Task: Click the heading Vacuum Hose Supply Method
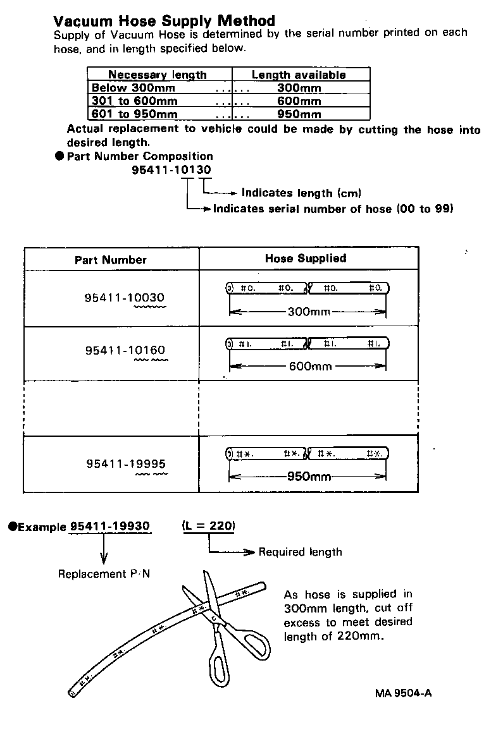pos(165,21)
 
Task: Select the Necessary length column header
pos(158,75)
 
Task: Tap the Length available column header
pos(299,75)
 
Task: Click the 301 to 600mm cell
pos(134,101)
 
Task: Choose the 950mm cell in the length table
pos(299,114)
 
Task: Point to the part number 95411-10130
pos(171,169)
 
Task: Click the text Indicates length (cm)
pos(301,193)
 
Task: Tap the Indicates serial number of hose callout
pos(333,208)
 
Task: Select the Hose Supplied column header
pos(306,258)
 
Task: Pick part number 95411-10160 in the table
pos(126,350)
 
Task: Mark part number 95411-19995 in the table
pos(126,464)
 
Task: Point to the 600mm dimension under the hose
pos(310,366)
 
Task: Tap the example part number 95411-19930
pos(110,526)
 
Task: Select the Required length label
pos(300,552)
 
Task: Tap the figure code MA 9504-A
pos(403,693)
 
